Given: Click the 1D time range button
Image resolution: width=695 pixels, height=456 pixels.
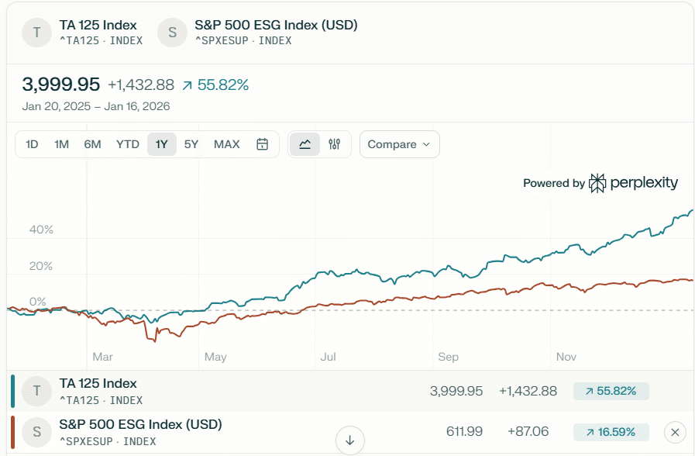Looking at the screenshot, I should coord(32,144).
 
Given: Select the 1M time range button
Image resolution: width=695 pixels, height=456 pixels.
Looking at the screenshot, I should coord(61,144).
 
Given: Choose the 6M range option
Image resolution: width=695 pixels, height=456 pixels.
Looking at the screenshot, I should coord(92,144).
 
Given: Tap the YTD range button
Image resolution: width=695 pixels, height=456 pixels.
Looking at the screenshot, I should coord(127,144).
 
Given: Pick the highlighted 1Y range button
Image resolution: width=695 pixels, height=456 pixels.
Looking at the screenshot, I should coord(161,144).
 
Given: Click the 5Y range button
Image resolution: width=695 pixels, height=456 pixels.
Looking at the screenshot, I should coord(191,144).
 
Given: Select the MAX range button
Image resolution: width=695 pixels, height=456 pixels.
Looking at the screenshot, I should coord(226,144).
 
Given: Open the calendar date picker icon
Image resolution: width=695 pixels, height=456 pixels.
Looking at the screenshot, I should coord(263,144).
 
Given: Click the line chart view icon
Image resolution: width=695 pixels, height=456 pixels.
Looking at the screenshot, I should coord(304,144).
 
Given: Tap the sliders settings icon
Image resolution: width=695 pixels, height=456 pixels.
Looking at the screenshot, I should coord(335,144).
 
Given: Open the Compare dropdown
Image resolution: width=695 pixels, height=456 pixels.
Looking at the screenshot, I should coord(399,144).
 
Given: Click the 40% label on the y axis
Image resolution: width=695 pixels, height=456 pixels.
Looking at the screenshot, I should coord(41,230).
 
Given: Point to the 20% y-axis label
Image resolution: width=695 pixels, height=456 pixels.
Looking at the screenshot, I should coord(41,266).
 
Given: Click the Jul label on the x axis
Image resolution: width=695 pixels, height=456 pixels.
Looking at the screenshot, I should coord(328,357).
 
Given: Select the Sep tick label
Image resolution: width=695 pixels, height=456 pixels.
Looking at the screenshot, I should coord(448,357).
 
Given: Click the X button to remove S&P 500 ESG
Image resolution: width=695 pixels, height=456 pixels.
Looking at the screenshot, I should coord(675,432).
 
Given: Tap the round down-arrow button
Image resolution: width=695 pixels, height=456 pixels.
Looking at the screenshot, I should coord(349,440).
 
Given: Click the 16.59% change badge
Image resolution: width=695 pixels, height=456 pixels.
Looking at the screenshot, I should coord(611,432).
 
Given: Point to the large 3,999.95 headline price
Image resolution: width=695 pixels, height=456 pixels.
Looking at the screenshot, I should coord(61,85).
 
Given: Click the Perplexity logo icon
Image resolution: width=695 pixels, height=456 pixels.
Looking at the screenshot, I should coord(597,183).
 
